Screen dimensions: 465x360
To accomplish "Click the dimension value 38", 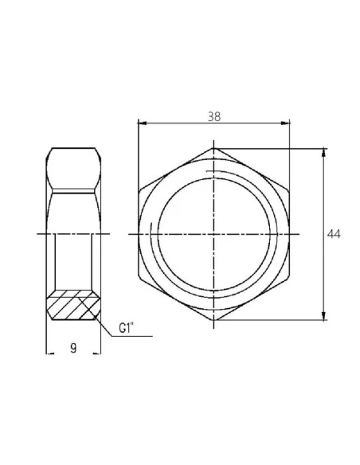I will click(213, 115).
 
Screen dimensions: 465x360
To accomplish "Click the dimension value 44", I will click(335, 234).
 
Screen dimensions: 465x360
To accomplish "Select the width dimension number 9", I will click(72, 348).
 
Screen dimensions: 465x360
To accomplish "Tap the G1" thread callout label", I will click(125, 326).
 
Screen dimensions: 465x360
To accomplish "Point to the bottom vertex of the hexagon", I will click(214, 322).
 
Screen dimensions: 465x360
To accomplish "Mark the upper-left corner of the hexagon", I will click(139, 190).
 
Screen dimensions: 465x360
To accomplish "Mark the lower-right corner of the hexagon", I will click(290, 278).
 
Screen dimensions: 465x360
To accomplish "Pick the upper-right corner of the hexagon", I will click(290, 190).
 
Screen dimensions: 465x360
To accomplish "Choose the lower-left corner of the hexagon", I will click(139, 278).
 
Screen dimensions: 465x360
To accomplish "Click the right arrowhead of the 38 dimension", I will click(287, 122).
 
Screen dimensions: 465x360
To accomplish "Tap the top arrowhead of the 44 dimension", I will click(324, 150).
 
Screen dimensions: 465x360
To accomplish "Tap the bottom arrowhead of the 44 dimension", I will click(324, 318).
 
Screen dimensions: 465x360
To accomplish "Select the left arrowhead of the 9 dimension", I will click(48, 354).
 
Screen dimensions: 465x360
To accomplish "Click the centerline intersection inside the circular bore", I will click(214, 234).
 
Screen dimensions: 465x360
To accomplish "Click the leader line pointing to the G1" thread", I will click(108, 334).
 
